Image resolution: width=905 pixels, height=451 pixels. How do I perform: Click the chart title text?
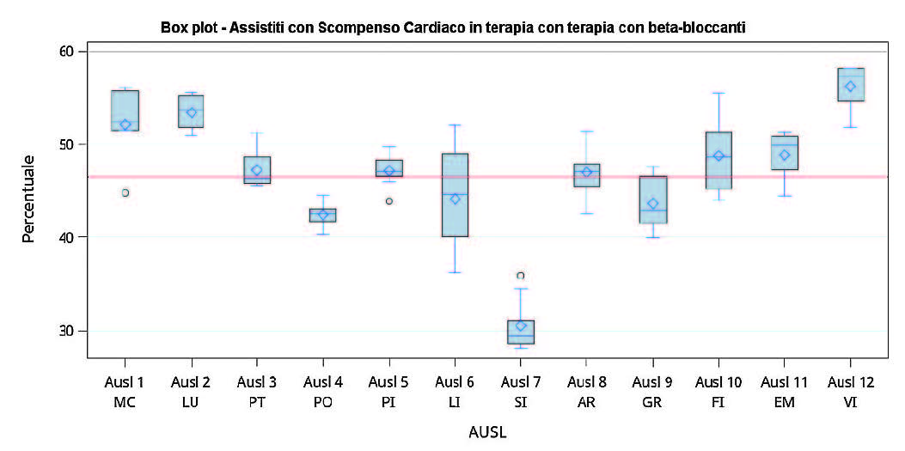tap(453, 27)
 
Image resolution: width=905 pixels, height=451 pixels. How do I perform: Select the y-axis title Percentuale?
tap(28, 198)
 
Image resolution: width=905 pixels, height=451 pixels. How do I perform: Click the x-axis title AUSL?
tap(487, 432)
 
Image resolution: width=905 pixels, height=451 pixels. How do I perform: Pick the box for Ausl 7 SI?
tap(521, 332)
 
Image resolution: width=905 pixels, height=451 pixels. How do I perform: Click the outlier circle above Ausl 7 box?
tap(521, 276)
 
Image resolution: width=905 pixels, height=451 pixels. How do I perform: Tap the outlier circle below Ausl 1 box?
tap(125, 192)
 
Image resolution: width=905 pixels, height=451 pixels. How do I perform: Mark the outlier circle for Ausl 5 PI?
tap(389, 201)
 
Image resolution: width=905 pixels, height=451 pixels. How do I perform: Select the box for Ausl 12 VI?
tap(851, 84)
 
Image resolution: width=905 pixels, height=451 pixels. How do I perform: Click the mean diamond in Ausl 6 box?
tap(456, 198)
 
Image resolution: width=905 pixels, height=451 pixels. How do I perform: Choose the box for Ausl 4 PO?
tap(323, 215)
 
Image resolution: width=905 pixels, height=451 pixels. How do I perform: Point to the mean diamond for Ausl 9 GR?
tap(653, 204)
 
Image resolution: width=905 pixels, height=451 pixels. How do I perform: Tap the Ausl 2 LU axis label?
tap(192, 392)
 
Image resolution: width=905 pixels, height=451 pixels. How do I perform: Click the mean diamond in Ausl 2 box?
tap(192, 113)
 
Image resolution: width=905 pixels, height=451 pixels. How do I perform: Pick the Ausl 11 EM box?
tap(785, 153)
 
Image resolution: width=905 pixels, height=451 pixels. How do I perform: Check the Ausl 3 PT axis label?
tap(258, 392)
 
